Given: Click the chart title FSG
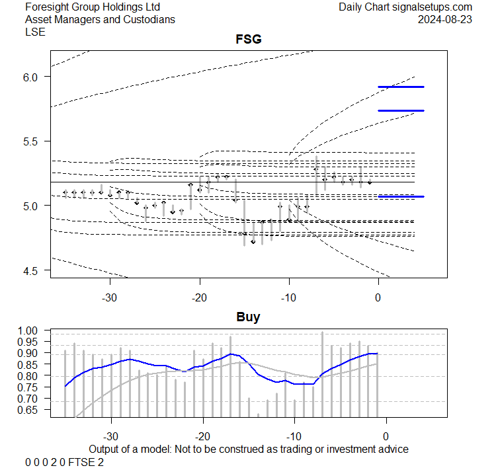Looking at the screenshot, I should pyautogui.click(x=248, y=40).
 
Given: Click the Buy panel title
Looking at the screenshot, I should pyautogui.click(x=248, y=317).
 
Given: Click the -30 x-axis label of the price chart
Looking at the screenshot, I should pyautogui.click(x=110, y=296).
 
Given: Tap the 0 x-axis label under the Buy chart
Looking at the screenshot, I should pyautogui.click(x=386, y=436).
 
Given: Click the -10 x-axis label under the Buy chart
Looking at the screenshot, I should pyautogui.click(x=294, y=436).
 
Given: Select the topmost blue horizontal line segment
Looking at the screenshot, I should pyautogui.click(x=401, y=87).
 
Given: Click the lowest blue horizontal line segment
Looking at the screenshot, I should pyautogui.click(x=401, y=196).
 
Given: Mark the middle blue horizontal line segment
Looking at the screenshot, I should pyautogui.click(x=401, y=110).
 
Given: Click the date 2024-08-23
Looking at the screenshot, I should pyautogui.click(x=449, y=19).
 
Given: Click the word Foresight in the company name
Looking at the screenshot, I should pyautogui.click(x=48, y=7).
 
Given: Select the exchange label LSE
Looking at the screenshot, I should pyautogui.click(x=34, y=32).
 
